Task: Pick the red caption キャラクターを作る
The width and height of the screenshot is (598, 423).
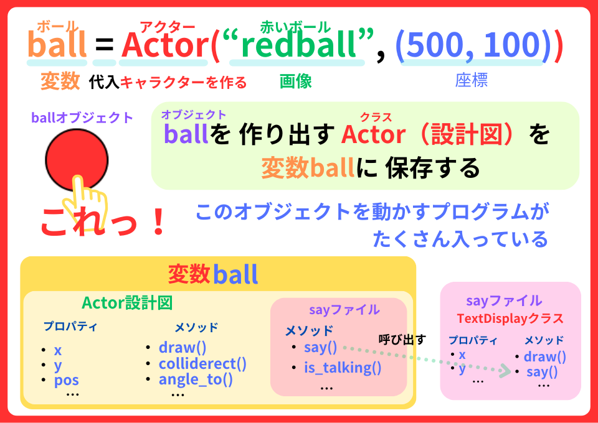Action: (x=183, y=81)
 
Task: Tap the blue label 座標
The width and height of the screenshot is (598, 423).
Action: (x=471, y=80)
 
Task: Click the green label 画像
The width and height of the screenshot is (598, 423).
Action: (x=296, y=81)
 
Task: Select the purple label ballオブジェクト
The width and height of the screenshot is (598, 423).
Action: (x=82, y=118)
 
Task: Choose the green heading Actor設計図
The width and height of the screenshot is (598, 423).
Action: (x=126, y=303)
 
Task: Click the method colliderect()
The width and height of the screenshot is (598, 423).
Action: (x=202, y=364)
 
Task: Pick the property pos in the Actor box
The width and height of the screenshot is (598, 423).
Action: (x=66, y=379)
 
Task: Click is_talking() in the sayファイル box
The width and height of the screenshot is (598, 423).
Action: (x=343, y=368)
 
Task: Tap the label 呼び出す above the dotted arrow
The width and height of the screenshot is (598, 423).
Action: (x=402, y=340)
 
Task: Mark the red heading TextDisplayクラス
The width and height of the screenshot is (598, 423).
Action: (x=510, y=318)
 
